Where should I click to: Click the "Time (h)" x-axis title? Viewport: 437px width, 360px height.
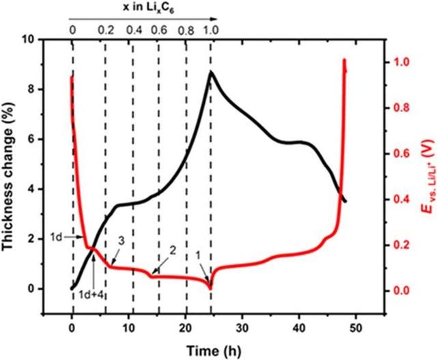pyautogui.click(x=212, y=348)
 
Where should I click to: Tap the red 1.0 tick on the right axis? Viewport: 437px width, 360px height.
pyautogui.click(x=400, y=62)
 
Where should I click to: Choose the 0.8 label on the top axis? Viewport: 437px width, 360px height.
pyautogui.click(x=185, y=30)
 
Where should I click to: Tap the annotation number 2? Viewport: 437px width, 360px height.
pyautogui.click(x=173, y=251)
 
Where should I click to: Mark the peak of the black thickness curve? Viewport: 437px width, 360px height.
pyautogui.click(x=211, y=72)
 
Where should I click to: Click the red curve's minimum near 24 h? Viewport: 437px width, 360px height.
pyautogui.click(x=210, y=288)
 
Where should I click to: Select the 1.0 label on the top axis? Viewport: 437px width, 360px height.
pyautogui.click(x=210, y=30)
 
